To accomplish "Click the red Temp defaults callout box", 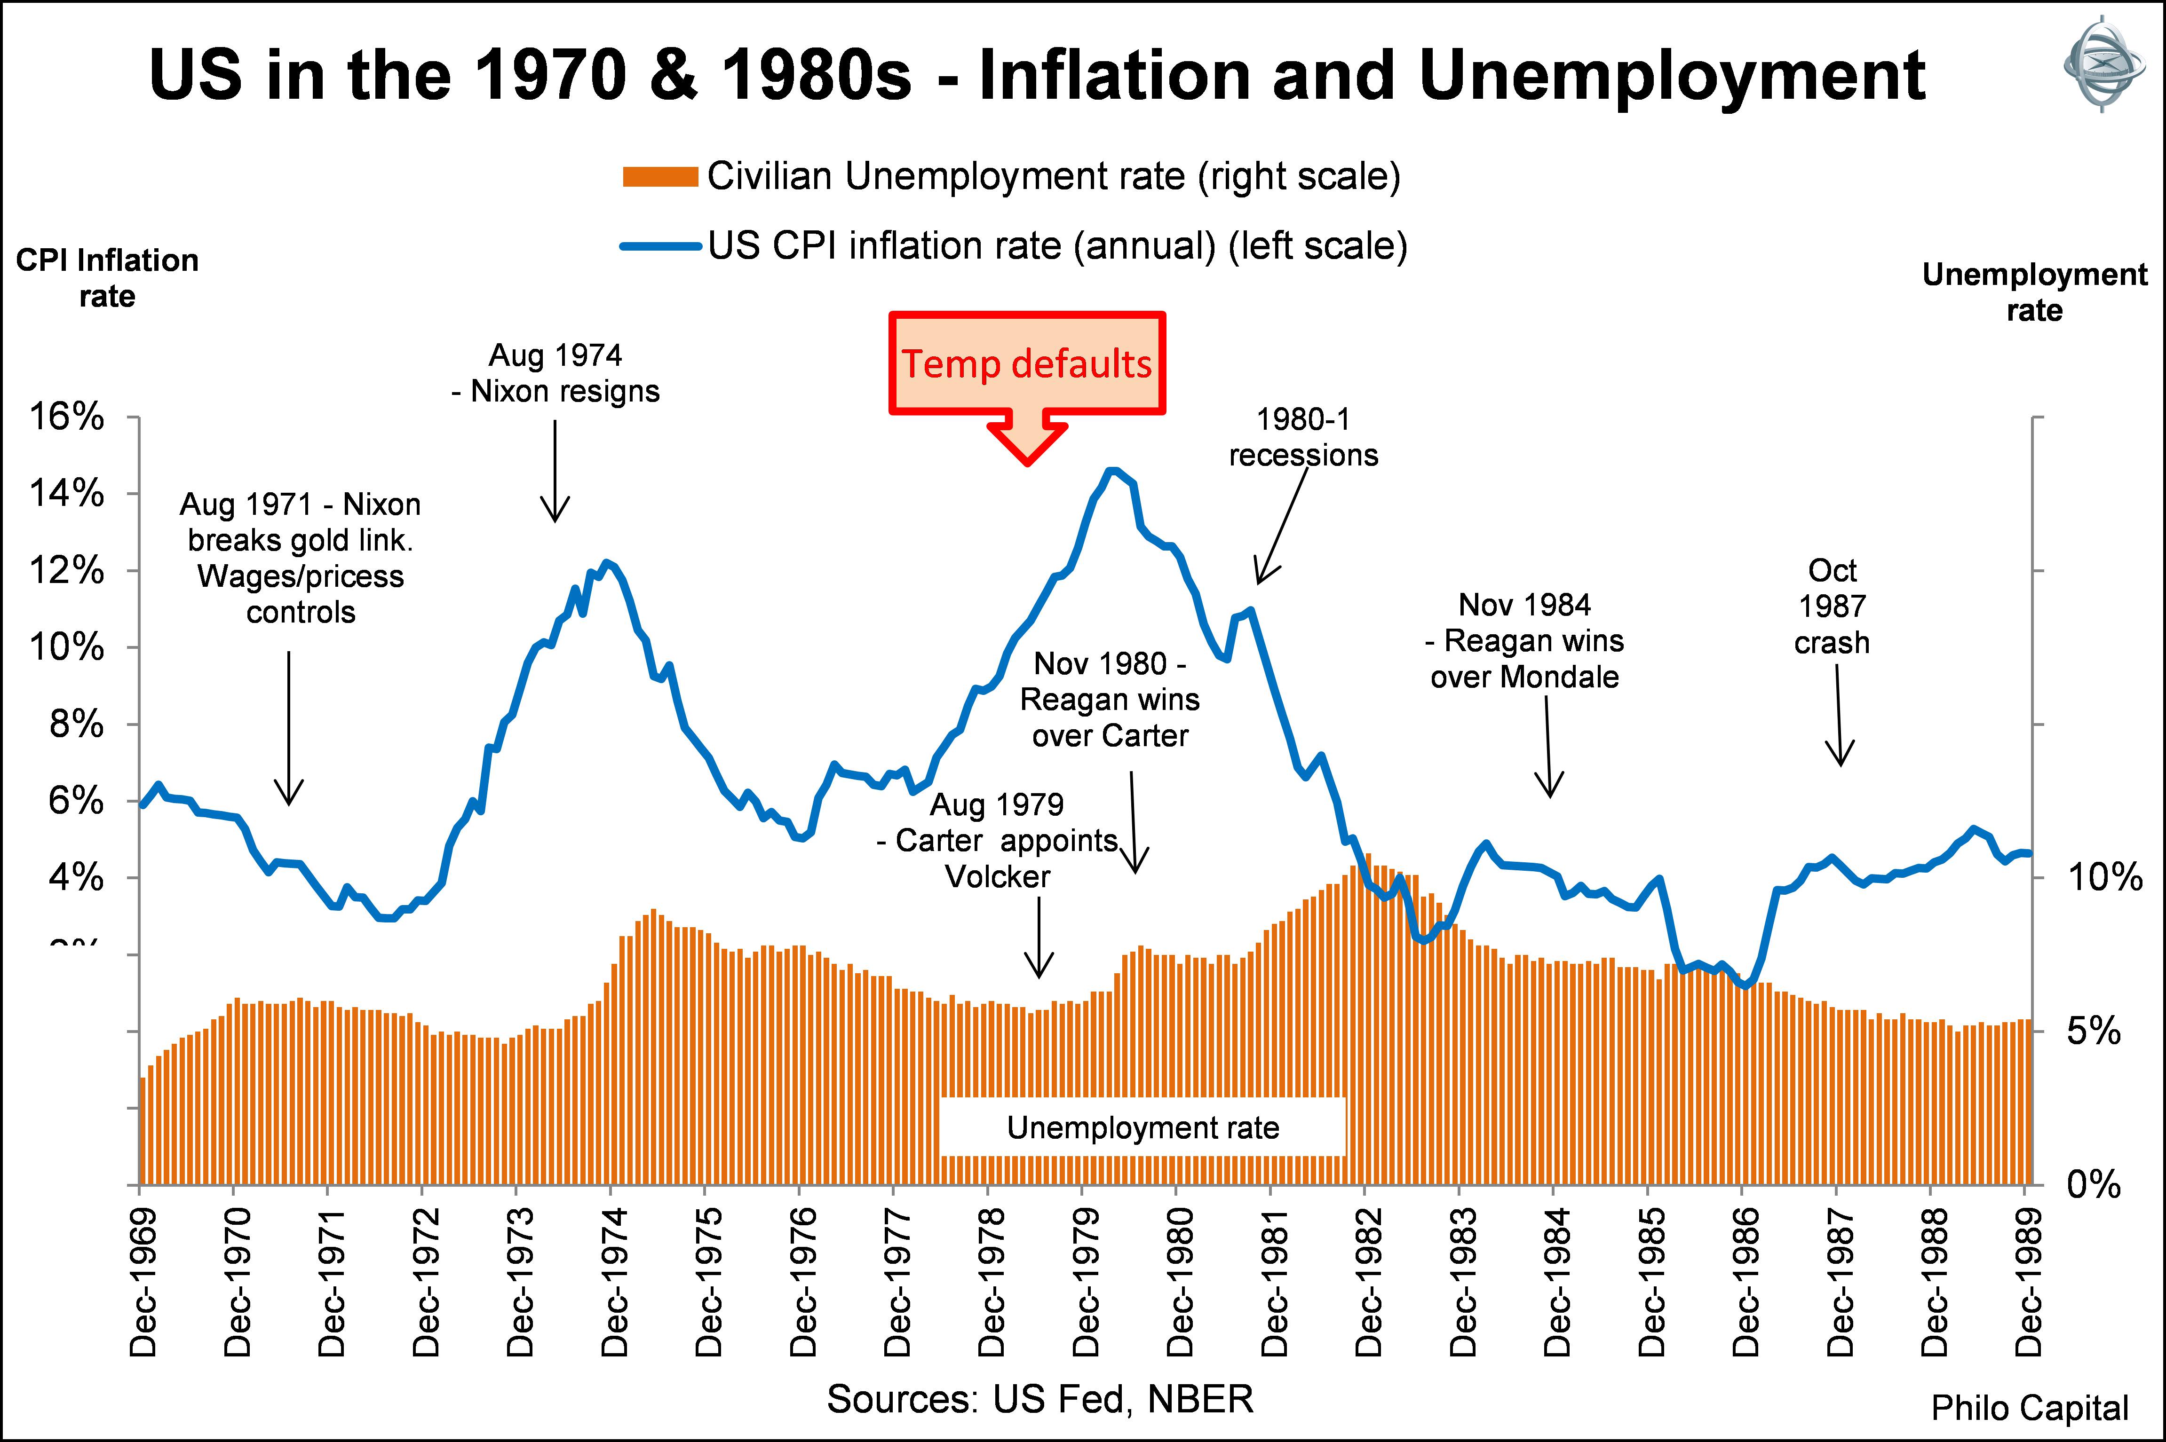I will pos(1026,363).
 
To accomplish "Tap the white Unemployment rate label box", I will pos(1143,1127).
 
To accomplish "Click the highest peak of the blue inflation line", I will pos(1112,471).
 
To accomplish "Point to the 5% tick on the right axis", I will pos(2094,1031).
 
